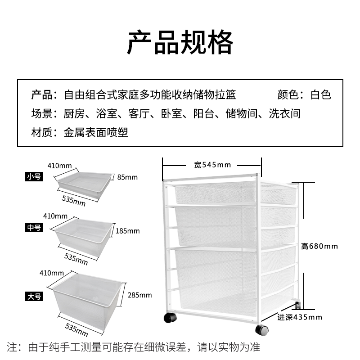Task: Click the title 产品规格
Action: coord(180,43)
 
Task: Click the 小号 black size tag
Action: coord(34,177)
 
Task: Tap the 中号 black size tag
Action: coord(34,228)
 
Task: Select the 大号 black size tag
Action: coord(34,297)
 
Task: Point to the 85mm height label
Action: coord(127,177)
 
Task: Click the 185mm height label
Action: coord(128,231)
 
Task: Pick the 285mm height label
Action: coord(139,296)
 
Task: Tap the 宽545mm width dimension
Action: coord(212,165)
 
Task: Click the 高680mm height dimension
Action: coord(319,246)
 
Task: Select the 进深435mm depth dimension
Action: coord(300,317)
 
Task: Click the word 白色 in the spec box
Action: coord(321,95)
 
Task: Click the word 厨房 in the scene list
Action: coord(74,114)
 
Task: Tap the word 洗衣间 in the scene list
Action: coord(284,114)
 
